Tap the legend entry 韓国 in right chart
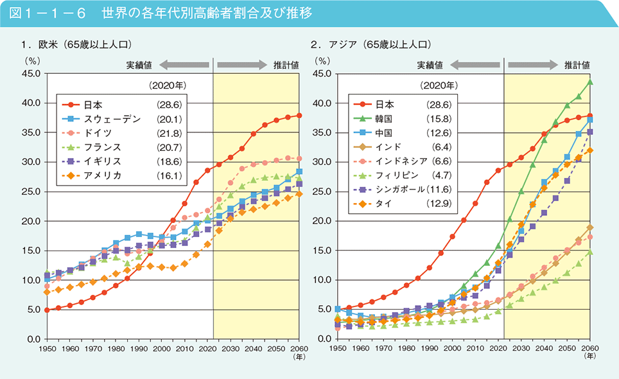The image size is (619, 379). (x=385, y=119)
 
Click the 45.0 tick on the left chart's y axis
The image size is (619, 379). (x=30, y=74)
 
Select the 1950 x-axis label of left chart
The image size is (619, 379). (x=47, y=348)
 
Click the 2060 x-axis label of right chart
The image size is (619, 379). (x=590, y=348)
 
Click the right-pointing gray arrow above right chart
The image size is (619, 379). (x=532, y=64)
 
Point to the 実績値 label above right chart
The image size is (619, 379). (x=430, y=64)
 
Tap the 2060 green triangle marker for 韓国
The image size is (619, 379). (x=589, y=82)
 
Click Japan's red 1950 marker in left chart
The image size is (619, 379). (x=47, y=310)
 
